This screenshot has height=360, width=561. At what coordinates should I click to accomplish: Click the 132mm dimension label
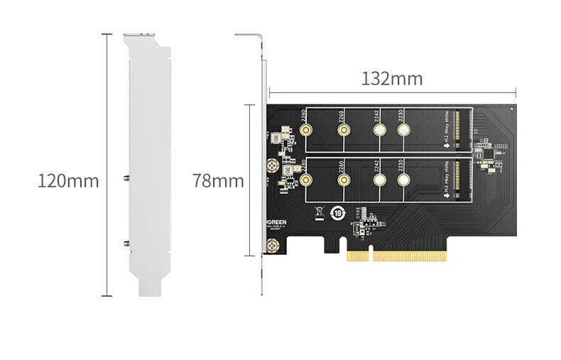(x=392, y=79)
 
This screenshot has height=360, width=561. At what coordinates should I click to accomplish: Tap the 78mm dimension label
(x=218, y=181)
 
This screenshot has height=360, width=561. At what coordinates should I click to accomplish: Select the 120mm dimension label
(x=68, y=181)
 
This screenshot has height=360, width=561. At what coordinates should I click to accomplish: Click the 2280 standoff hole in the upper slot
(x=307, y=131)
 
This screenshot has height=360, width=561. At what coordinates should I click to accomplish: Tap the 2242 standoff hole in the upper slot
(x=379, y=131)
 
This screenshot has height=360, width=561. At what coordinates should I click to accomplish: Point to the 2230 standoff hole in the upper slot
(x=404, y=131)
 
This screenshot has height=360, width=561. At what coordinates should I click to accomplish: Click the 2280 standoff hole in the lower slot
(x=307, y=181)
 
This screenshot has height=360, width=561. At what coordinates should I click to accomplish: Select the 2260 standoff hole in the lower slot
(x=343, y=181)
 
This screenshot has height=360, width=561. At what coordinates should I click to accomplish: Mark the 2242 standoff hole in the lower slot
(x=379, y=181)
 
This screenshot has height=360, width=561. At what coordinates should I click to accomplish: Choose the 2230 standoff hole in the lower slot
(x=404, y=181)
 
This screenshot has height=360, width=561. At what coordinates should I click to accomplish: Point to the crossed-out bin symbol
(x=319, y=211)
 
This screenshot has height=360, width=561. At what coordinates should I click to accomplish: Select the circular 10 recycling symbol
(x=339, y=212)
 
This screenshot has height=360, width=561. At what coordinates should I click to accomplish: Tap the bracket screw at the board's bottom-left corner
(x=272, y=247)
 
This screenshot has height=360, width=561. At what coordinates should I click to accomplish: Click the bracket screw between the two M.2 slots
(x=272, y=166)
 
